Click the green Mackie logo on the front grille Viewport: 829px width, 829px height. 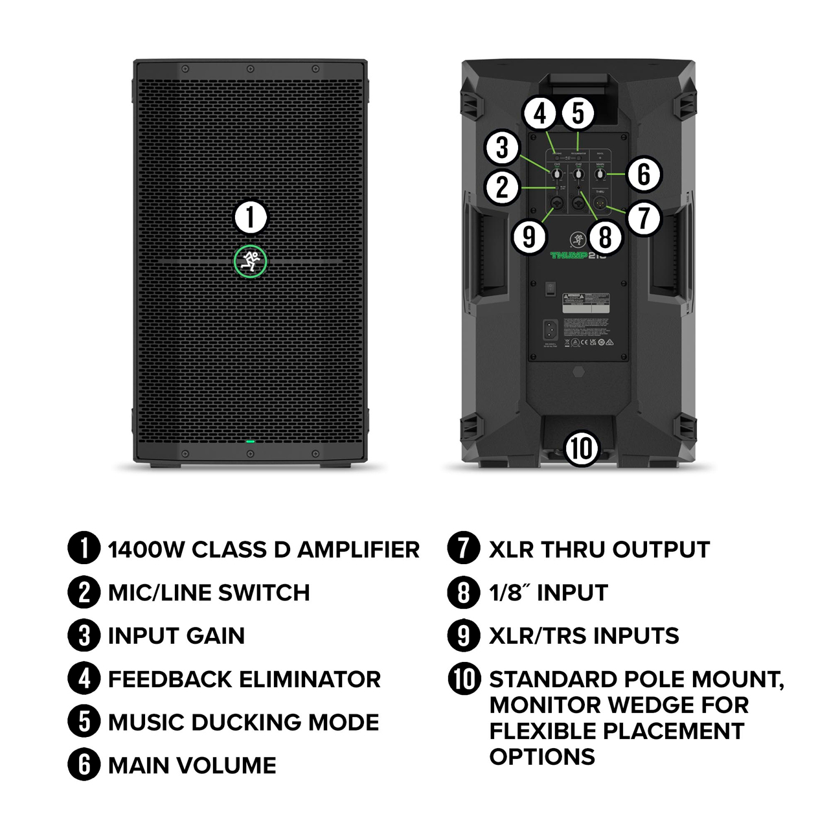(250, 262)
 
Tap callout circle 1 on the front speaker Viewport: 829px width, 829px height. (250, 217)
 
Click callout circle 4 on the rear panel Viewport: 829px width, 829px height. (540, 114)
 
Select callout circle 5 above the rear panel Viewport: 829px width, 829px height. (578, 113)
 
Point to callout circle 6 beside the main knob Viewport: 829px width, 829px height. (643, 174)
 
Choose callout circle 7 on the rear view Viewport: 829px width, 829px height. (643, 218)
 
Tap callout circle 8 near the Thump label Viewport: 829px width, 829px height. (605, 236)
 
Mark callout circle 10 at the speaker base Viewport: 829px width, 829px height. (581, 448)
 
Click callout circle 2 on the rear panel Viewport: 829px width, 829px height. (503, 188)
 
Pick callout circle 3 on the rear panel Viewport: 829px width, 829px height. (503, 148)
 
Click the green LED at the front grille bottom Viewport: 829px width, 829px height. (250, 442)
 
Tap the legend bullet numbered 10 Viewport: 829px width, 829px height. (464, 679)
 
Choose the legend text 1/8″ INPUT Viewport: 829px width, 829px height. (549, 593)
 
